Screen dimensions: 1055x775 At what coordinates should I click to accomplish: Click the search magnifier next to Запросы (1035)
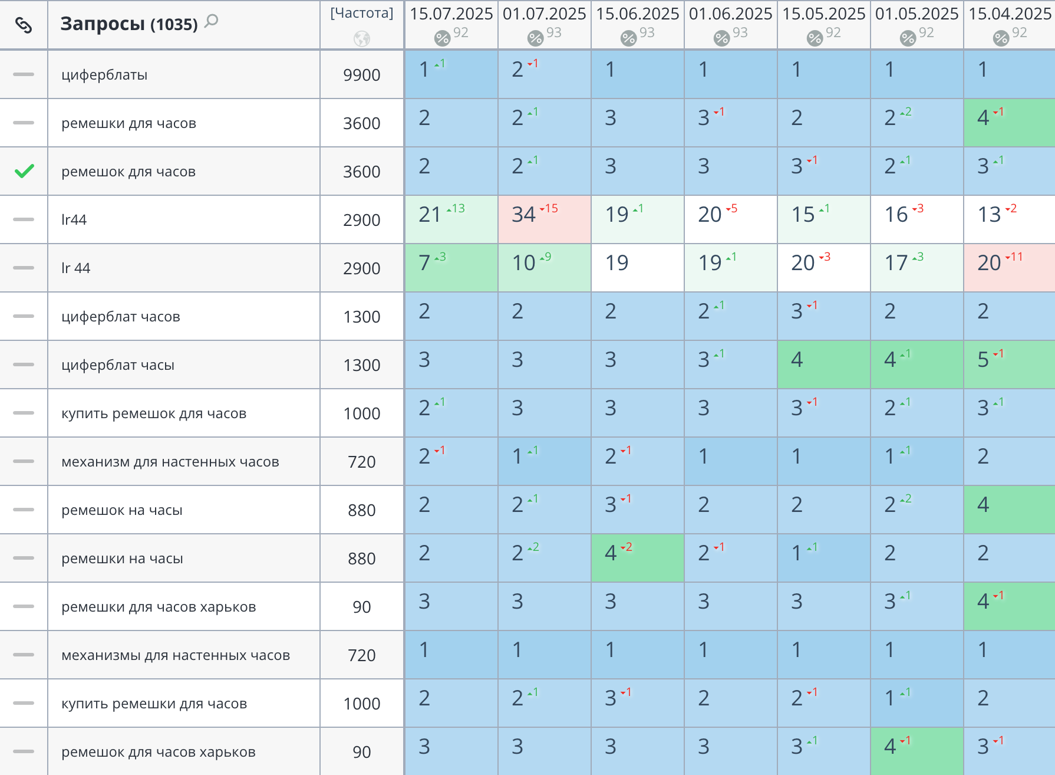(211, 22)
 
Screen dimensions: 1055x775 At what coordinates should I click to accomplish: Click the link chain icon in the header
(24, 25)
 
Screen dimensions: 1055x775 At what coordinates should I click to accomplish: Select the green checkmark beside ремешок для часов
(24, 171)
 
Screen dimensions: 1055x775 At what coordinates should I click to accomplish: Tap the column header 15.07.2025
(451, 14)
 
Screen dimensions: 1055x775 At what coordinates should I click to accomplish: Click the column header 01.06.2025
(731, 14)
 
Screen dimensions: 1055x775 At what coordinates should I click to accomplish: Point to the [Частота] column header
(362, 13)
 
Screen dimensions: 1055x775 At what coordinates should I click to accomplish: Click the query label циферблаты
(104, 75)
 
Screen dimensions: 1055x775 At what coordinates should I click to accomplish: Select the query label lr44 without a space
(74, 219)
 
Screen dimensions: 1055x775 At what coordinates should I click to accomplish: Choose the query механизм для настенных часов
(170, 462)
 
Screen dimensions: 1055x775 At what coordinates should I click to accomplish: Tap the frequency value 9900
(362, 75)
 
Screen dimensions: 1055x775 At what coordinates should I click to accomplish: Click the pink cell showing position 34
(545, 219)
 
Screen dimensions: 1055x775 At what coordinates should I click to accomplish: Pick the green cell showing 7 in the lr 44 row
(451, 268)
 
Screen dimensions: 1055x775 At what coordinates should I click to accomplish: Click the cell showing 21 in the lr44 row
(451, 219)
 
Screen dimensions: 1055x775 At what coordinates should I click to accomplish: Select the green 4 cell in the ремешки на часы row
(638, 558)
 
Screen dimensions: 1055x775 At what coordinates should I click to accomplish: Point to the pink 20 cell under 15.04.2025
(1010, 268)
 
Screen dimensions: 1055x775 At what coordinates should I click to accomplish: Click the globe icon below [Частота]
(362, 39)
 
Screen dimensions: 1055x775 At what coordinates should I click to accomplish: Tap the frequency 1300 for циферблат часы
(362, 365)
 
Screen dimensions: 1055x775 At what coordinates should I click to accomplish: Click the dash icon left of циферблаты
(24, 74)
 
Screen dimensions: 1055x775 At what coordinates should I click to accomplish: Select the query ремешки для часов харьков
(159, 607)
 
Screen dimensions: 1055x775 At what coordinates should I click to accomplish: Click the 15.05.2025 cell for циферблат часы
(824, 364)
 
